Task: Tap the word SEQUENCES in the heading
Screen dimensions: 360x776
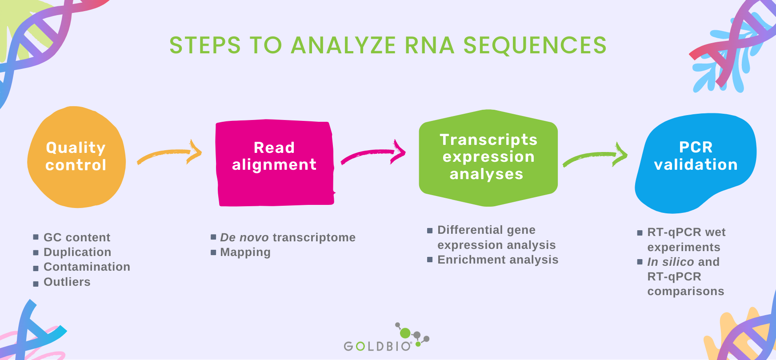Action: click(x=535, y=45)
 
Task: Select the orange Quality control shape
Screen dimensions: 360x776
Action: click(x=76, y=156)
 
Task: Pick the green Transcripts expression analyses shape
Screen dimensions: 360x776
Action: click(x=488, y=157)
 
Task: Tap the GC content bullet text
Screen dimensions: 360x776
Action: click(x=76, y=237)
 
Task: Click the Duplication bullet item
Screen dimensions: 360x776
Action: click(x=77, y=252)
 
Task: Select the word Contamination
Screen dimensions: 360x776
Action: click(x=87, y=267)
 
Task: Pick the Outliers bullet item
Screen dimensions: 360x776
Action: click(x=67, y=282)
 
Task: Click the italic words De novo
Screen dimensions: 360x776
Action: click(x=244, y=237)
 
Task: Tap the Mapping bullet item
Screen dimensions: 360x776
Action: click(x=245, y=252)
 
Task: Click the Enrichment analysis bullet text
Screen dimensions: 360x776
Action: click(x=498, y=260)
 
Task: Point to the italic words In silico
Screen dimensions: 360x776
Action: click(x=670, y=262)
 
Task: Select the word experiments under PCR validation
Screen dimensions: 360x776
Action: click(x=684, y=247)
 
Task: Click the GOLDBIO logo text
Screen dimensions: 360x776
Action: click(x=377, y=346)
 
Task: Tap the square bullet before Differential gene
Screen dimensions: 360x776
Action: click(x=430, y=230)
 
